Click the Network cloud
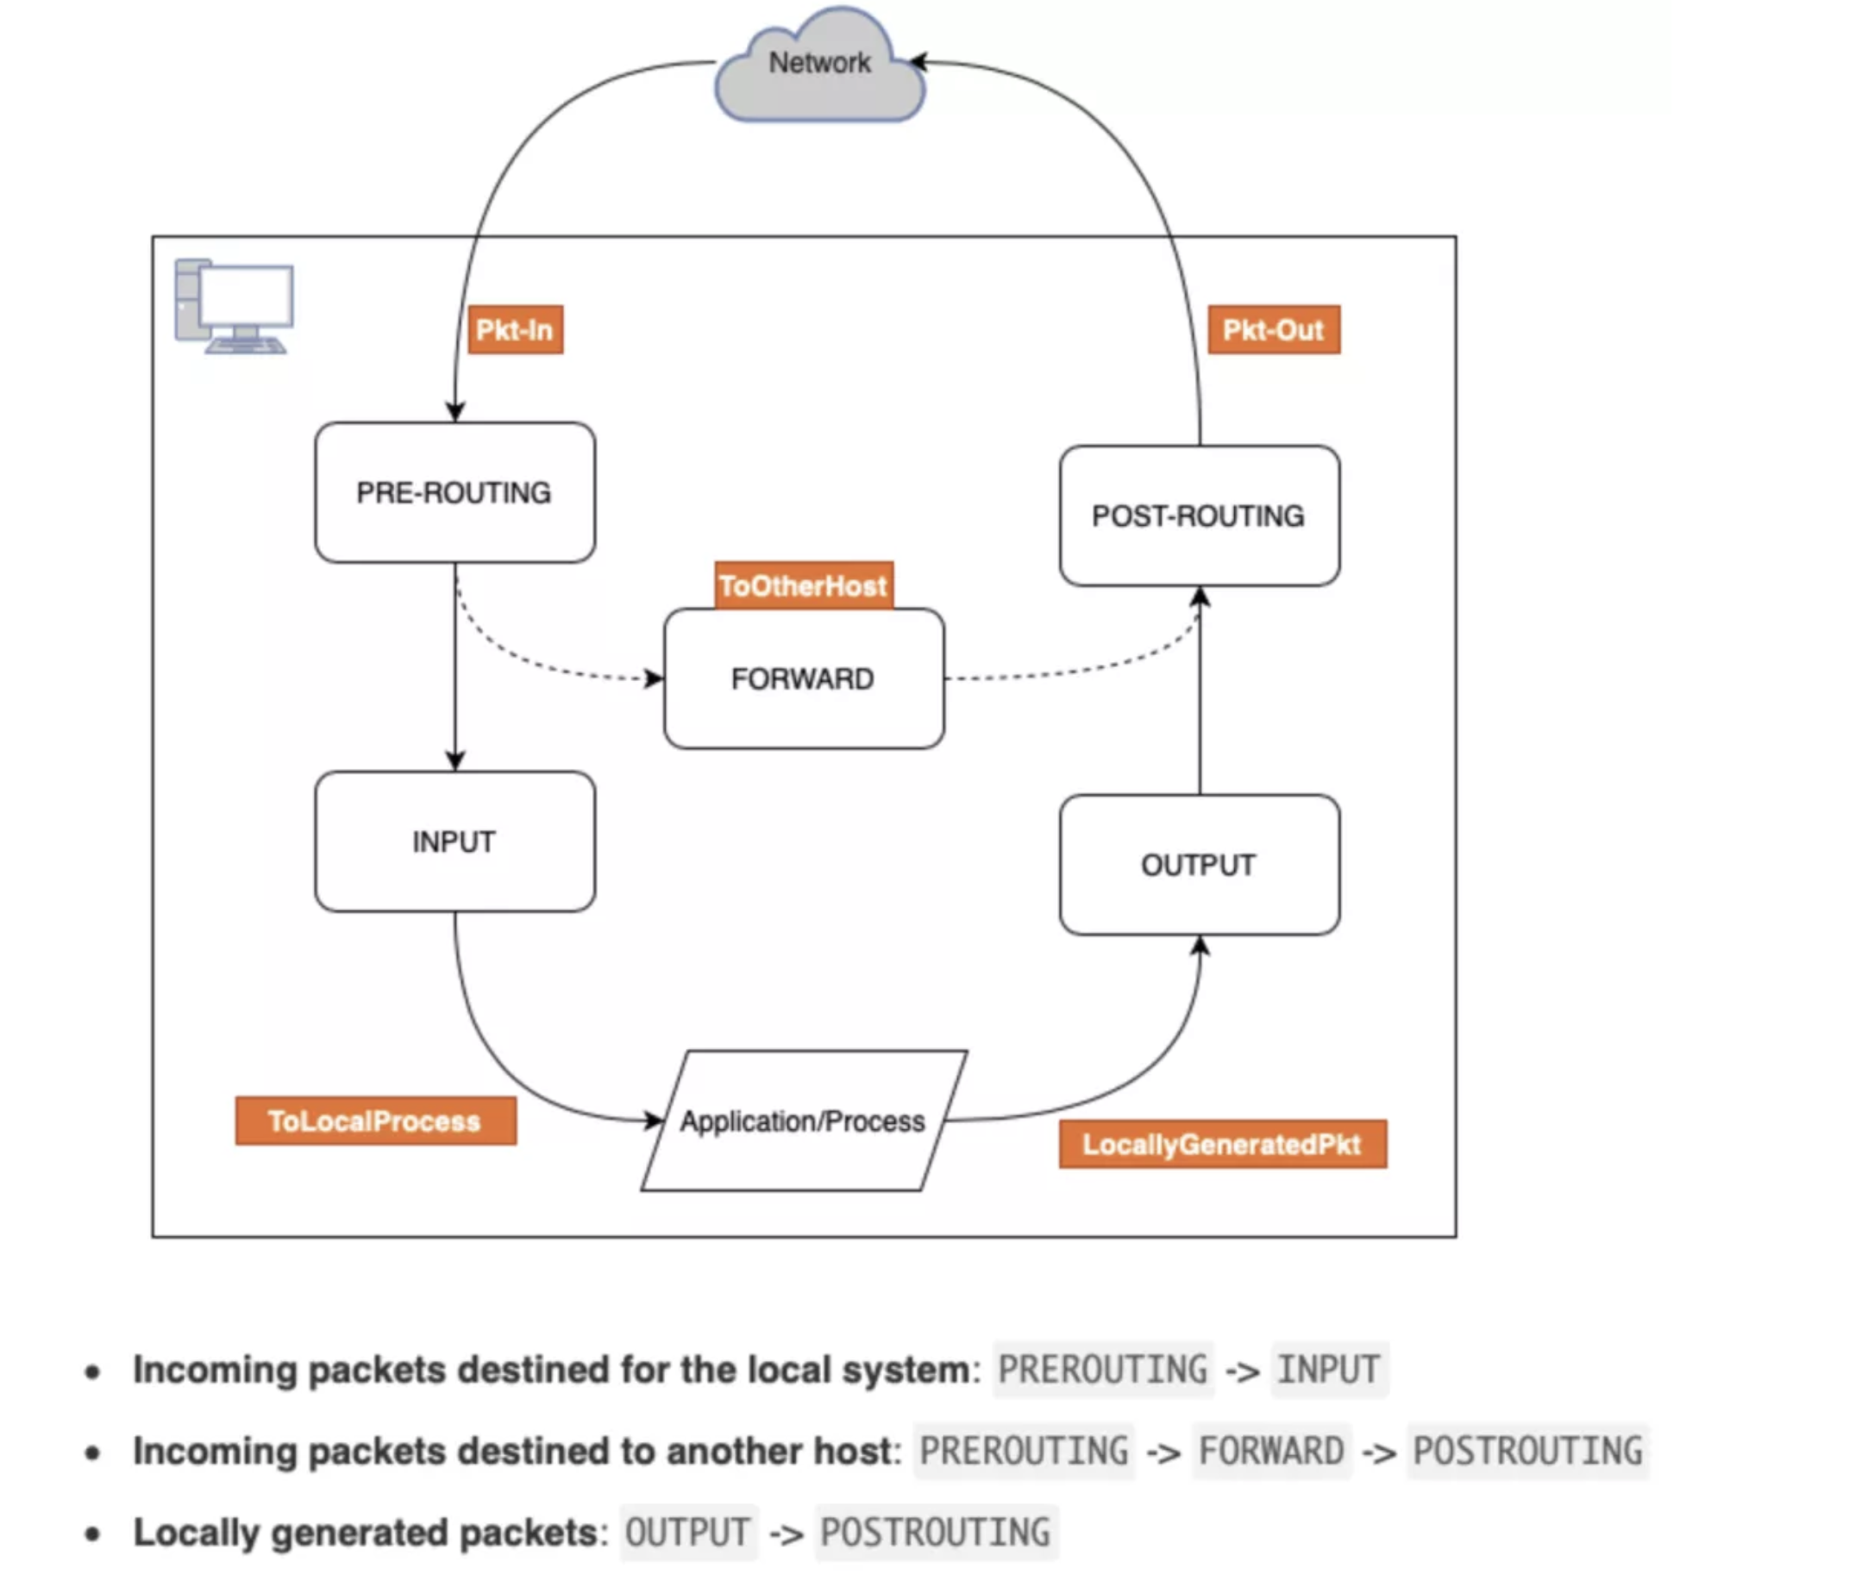(819, 67)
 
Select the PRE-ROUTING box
(454, 492)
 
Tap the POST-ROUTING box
(1199, 515)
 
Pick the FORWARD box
(803, 679)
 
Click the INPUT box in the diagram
(454, 841)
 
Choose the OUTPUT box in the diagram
(1199, 865)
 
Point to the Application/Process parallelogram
(803, 1121)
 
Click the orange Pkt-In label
(515, 330)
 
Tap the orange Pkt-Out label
(1274, 330)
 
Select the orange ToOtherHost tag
(803, 585)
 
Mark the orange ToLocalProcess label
(375, 1121)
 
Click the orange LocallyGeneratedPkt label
(1223, 1144)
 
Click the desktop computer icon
(235, 306)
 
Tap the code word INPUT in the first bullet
(1329, 1370)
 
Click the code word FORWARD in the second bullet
(1270, 1452)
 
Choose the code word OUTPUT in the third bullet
(687, 1533)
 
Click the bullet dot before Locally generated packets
(93, 1534)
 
